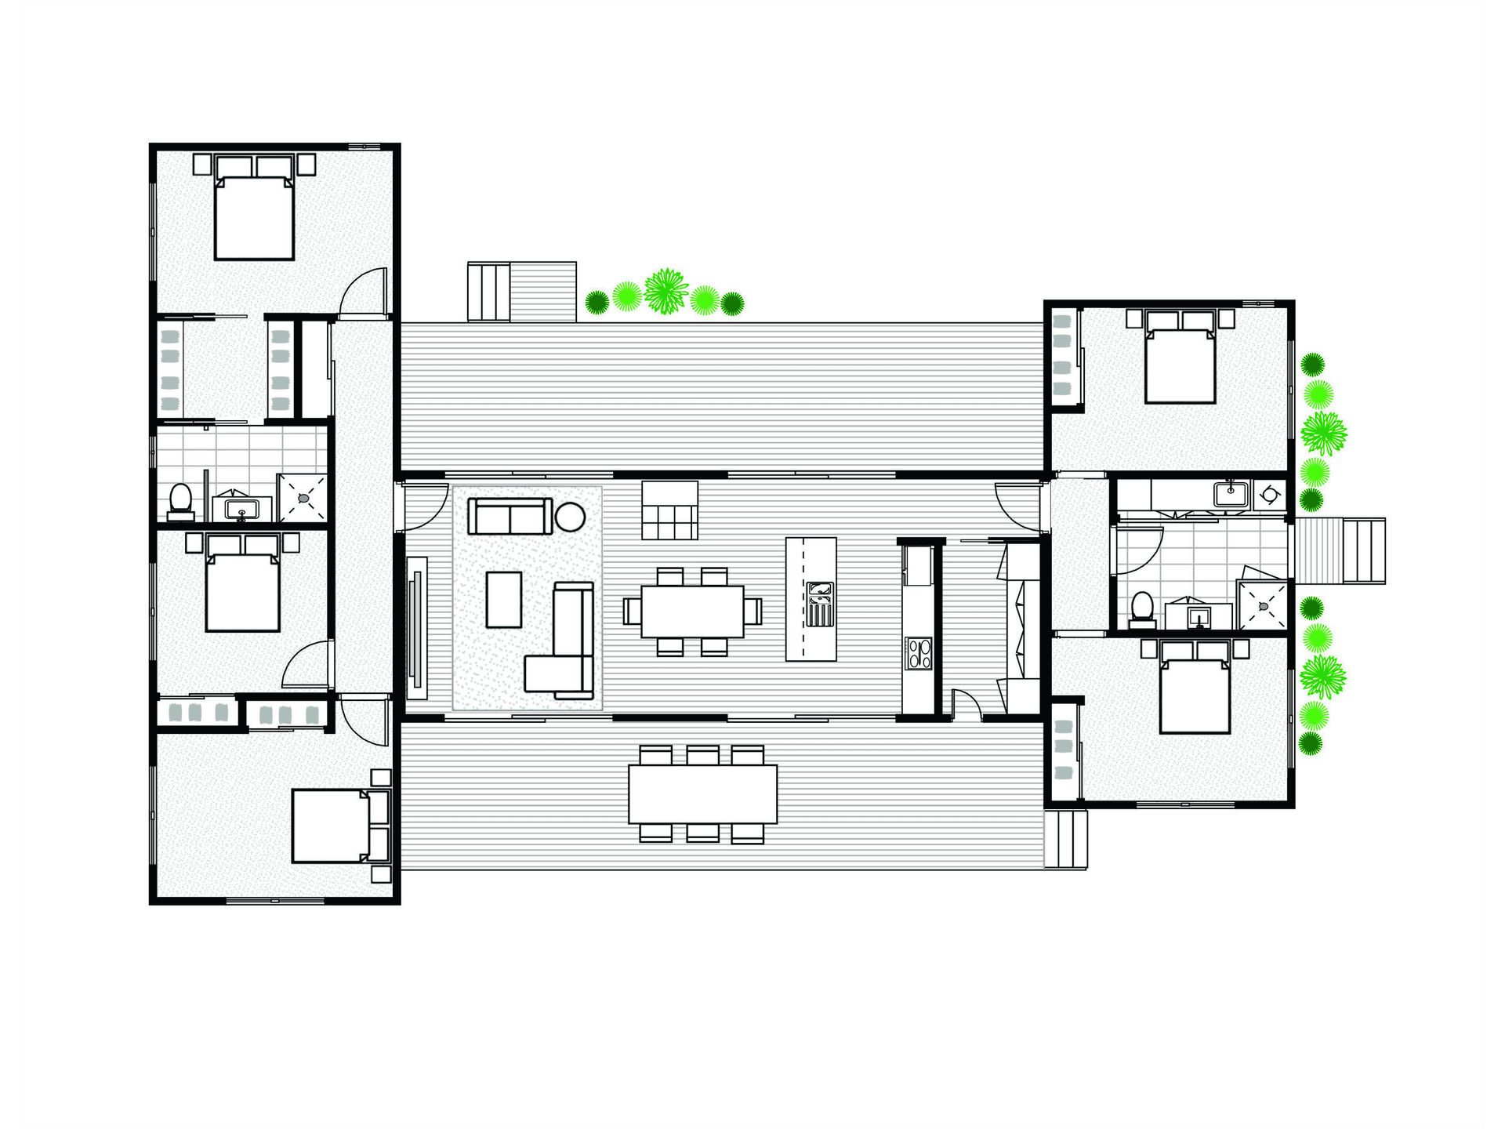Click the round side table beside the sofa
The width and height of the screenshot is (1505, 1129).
tap(570, 517)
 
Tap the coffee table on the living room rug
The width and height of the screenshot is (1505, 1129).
tap(504, 600)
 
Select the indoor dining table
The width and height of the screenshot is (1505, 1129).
tap(692, 612)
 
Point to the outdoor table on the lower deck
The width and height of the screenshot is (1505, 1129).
tap(702, 794)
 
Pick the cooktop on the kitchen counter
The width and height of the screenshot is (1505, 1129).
tap(919, 654)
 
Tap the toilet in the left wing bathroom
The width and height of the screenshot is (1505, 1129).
tap(181, 499)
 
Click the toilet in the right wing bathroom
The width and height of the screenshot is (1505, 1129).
tap(1142, 608)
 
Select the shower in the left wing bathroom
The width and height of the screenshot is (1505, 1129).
tap(302, 497)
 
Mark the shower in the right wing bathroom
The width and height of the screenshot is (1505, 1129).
tap(1262, 605)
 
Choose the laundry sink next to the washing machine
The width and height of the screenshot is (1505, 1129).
tap(1231, 494)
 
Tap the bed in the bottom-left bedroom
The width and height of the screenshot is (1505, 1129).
tap(331, 826)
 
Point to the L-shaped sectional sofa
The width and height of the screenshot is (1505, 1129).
tap(564, 651)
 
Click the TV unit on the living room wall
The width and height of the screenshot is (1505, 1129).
tap(417, 627)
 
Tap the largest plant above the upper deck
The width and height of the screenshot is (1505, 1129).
tap(665, 291)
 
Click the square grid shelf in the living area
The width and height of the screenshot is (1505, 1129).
tap(669, 510)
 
